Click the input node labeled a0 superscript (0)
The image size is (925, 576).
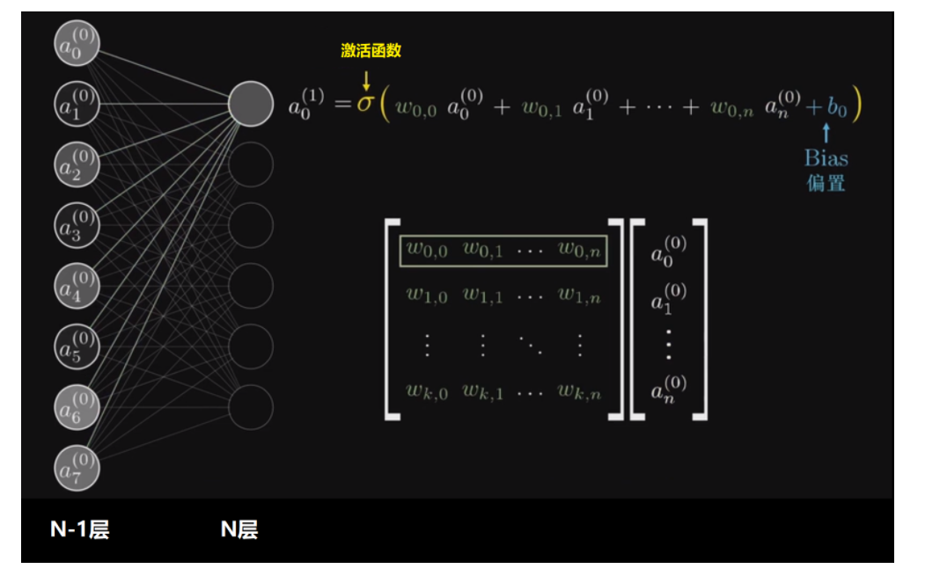pos(77,43)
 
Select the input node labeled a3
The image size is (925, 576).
pos(77,225)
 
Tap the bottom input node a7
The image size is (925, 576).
pos(77,468)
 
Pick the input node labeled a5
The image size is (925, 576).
pos(77,346)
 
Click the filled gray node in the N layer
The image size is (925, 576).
pos(251,104)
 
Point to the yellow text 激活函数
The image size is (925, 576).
pos(371,51)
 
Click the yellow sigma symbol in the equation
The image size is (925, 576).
pos(365,106)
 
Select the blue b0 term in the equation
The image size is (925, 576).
pos(836,107)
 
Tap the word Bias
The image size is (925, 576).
pos(826,158)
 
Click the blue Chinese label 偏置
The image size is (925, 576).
pos(826,183)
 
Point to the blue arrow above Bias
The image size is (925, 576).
pos(826,134)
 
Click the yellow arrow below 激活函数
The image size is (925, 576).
pos(366,80)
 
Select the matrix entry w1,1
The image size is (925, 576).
pos(482,295)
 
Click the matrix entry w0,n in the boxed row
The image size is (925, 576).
pos(579,251)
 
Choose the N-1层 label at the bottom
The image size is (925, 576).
pos(79,529)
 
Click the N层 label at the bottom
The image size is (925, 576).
pos(239,529)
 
